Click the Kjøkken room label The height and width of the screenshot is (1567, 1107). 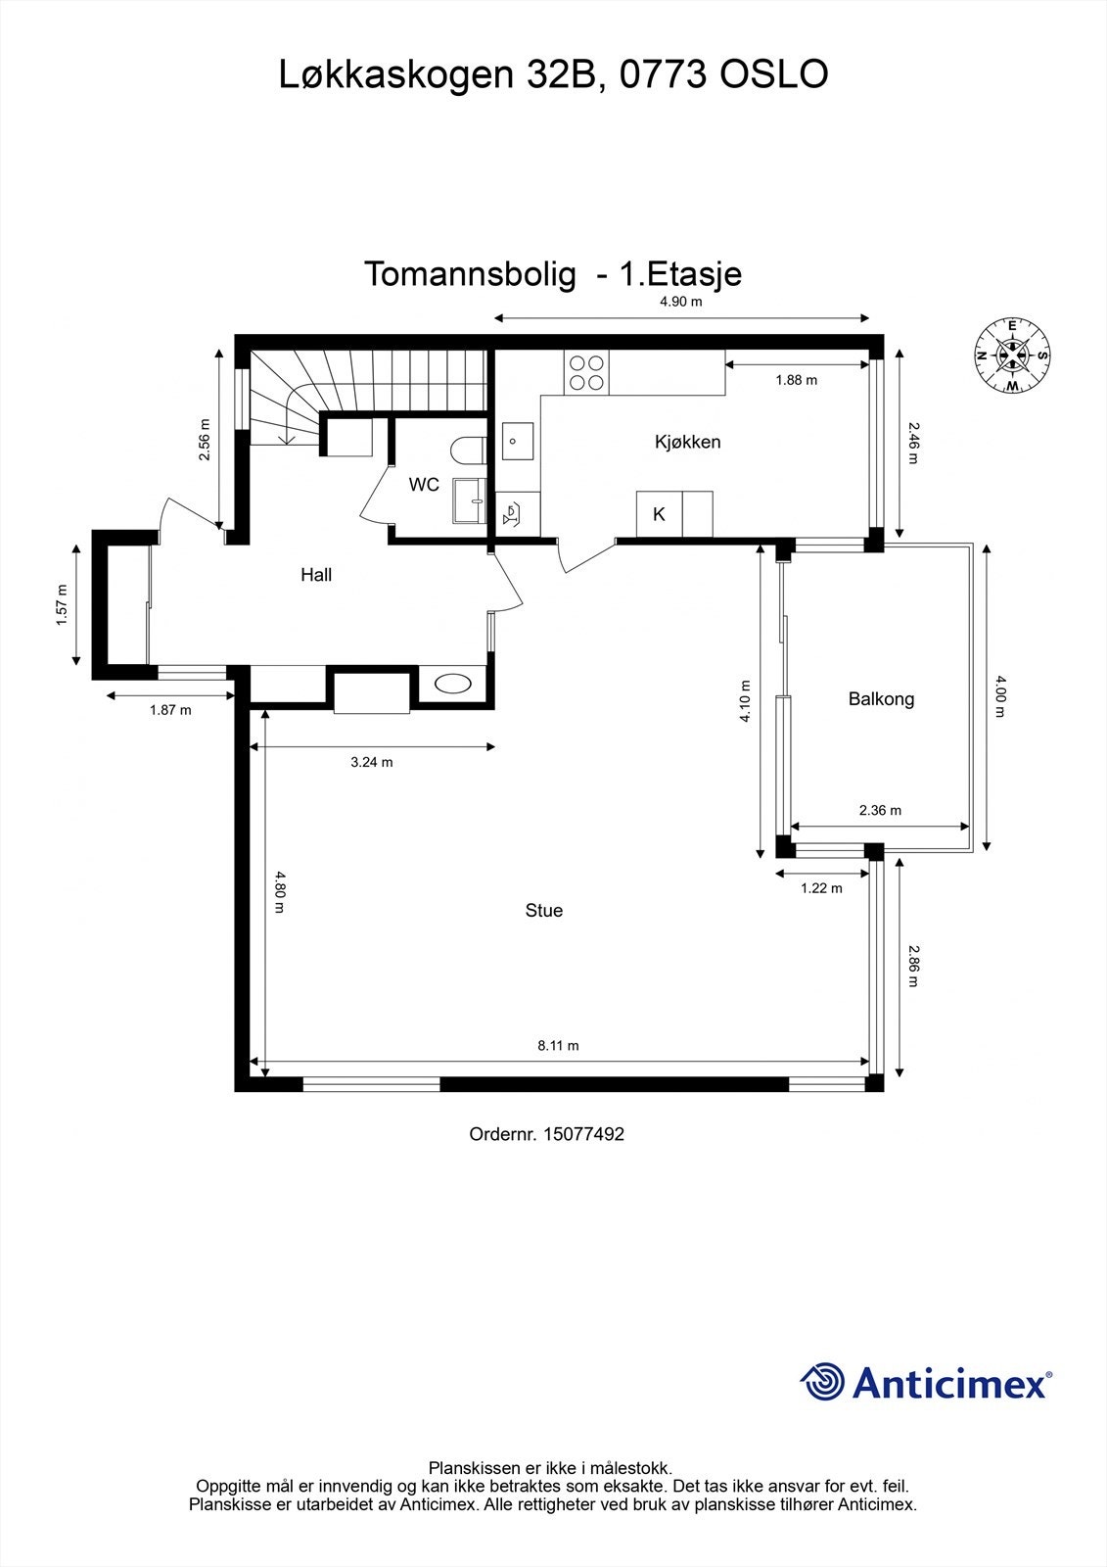(x=687, y=442)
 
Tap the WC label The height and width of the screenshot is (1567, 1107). (x=424, y=485)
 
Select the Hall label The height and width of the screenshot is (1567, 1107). (x=316, y=575)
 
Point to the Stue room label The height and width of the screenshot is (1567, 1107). (x=544, y=911)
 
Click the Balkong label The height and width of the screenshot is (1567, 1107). (x=881, y=699)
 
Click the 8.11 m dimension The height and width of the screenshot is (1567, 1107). (x=558, y=1046)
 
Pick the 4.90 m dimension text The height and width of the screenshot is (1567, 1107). (x=681, y=302)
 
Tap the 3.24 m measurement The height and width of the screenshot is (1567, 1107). (x=372, y=762)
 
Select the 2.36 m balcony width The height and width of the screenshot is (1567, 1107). (x=880, y=810)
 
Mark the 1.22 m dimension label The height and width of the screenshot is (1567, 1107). (x=821, y=888)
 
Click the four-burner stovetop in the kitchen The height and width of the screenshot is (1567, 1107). (x=586, y=372)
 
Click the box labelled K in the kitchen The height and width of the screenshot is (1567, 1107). (x=660, y=514)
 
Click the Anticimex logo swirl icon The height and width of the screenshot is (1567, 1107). (x=822, y=1382)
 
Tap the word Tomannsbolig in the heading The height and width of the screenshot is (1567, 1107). (x=470, y=274)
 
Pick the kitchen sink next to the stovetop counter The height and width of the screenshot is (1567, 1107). (x=518, y=443)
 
